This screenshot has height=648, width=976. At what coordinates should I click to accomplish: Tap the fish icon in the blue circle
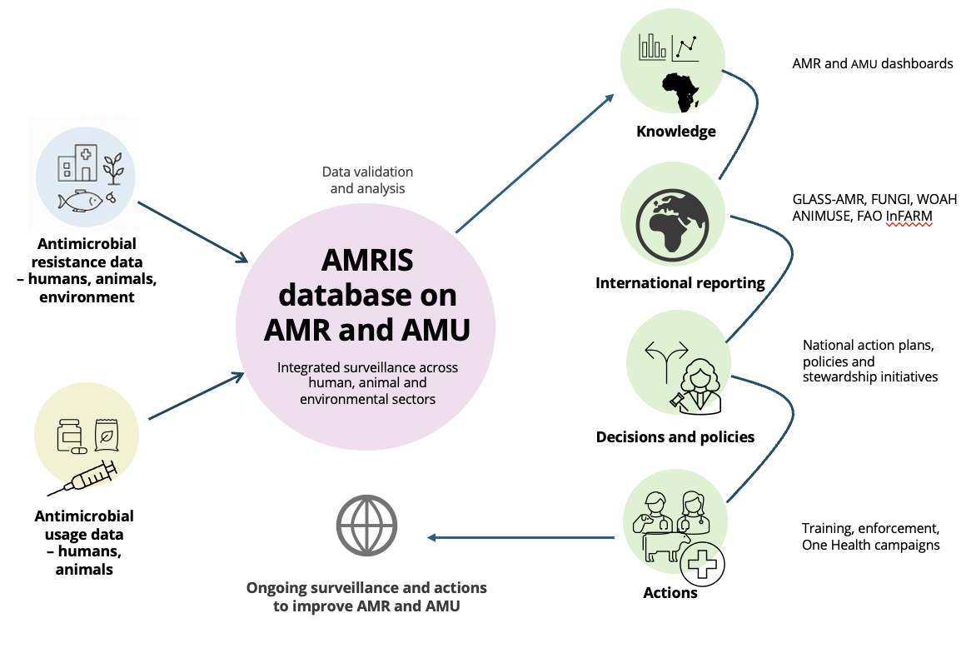pos(81,200)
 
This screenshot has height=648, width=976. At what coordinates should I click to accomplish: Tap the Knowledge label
pos(675,132)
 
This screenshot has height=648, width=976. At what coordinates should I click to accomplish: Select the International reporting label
pos(680,283)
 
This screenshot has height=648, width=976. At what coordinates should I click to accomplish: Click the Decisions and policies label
pos(675,437)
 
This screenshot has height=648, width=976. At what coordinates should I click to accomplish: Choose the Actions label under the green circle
pos(670,593)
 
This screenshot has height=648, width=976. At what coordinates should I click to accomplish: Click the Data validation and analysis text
pos(367,180)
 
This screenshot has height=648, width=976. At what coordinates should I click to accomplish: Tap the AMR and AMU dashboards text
pos(873,63)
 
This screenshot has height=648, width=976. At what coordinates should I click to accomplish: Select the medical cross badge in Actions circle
pos(702,566)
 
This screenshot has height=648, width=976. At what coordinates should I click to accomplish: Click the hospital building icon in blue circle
pos(76,162)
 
